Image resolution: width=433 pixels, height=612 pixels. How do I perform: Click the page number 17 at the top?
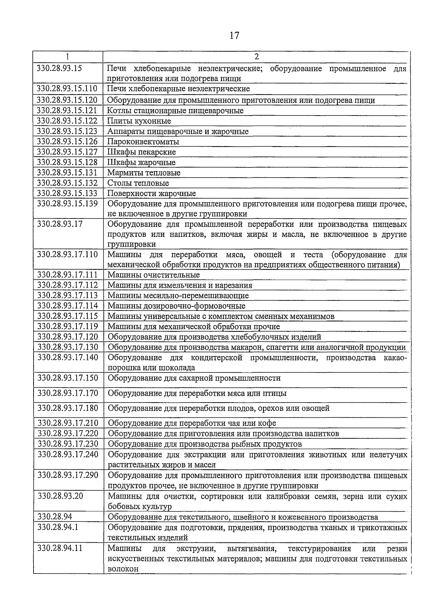[234, 36]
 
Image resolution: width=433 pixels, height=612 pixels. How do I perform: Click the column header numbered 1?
[67, 57]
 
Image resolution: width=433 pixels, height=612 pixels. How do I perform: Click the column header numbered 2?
[256, 57]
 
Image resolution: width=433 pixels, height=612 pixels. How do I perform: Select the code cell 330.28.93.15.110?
[67, 89]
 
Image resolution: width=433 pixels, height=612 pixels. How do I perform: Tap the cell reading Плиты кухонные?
[139, 121]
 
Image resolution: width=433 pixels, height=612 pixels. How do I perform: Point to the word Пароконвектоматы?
[143, 142]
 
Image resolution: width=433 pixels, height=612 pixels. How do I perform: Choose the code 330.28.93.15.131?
[67, 173]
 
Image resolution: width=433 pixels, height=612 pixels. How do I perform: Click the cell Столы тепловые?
[138, 183]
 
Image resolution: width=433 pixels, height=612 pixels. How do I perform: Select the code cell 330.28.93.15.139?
[67, 204]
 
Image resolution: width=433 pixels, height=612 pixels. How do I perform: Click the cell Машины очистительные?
[153, 275]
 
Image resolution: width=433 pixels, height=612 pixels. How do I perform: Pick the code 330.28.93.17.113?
[67, 296]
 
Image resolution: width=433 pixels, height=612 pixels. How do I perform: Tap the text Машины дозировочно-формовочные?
[176, 306]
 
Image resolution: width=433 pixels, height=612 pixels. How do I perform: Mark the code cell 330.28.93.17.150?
[67, 378]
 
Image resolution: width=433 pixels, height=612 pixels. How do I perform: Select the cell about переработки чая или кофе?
[192, 423]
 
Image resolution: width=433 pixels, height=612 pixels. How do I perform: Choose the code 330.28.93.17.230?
[68, 444]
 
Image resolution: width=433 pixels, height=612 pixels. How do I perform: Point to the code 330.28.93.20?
[60, 496]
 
